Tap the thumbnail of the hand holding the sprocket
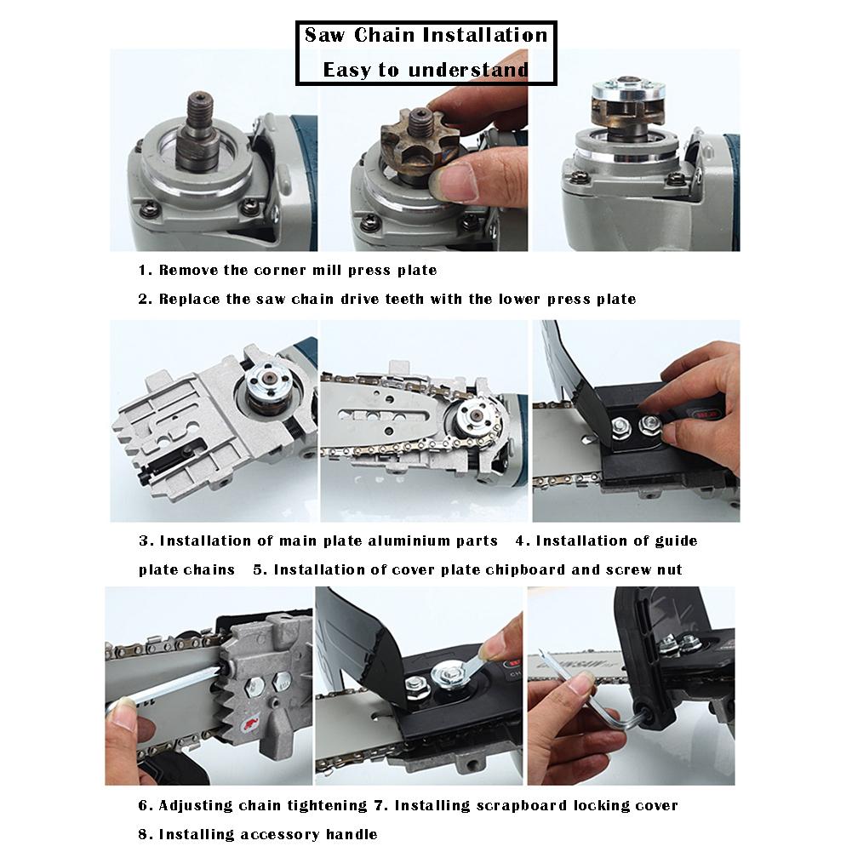point(423,149)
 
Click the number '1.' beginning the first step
point(146,270)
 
